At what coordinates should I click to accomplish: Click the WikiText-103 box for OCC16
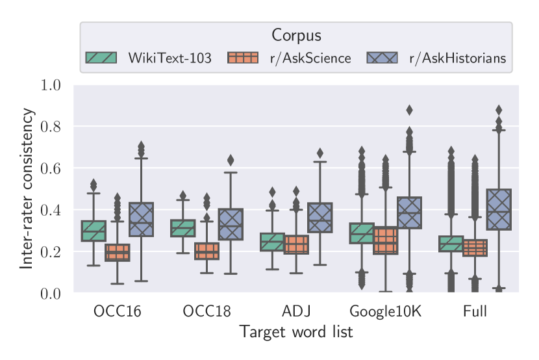tap(94, 231)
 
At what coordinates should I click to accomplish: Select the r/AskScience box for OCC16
tap(118, 252)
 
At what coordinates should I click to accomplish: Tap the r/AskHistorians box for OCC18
tap(231, 224)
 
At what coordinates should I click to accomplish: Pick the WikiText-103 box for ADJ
tap(272, 242)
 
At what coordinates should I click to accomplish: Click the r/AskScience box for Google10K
tap(385, 240)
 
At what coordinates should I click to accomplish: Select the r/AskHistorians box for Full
tap(499, 209)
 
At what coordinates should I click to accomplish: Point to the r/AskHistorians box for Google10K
tap(409, 212)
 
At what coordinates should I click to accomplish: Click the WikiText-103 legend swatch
tap(101, 58)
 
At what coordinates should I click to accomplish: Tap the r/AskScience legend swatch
tap(243, 58)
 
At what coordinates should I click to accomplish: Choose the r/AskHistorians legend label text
tap(457, 58)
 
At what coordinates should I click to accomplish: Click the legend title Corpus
tap(296, 36)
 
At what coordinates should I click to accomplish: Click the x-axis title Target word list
tap(296, 332)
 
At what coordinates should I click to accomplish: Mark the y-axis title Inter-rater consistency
tap(27, 188)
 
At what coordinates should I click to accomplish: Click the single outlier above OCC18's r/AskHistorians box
tap(231, 160)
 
